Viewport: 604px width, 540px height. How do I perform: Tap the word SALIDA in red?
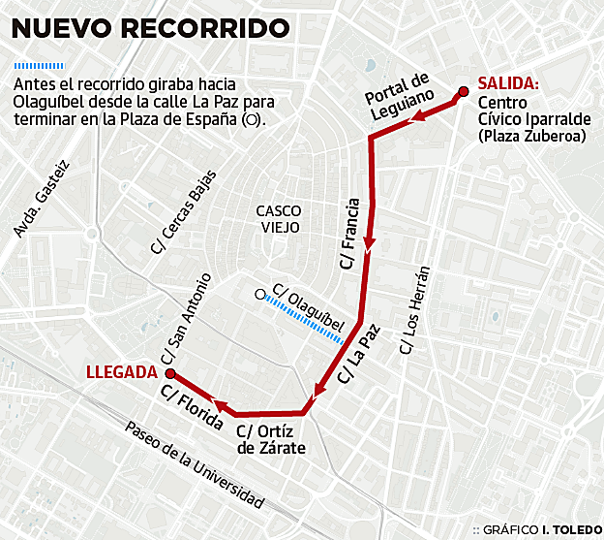[508, 83]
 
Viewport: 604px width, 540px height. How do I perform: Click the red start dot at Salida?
[463, 92]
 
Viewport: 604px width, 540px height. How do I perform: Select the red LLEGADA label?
[121, 370]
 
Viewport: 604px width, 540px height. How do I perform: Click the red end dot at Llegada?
[169, 371]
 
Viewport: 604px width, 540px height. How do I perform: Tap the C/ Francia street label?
[350, 233]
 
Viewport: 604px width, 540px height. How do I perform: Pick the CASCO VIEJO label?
[278, 218]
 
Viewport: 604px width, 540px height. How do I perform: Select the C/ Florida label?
[193, 406]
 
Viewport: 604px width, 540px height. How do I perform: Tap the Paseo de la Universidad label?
[194, 466]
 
